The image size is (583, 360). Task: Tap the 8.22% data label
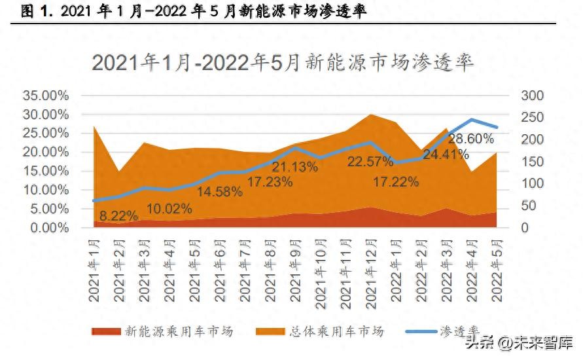tap(118, 215)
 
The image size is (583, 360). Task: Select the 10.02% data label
tap(168, 209)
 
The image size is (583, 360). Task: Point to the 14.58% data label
tap(220, 192)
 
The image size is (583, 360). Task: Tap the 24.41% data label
tap(446, 155)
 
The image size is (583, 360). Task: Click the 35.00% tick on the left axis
tap(45, 96)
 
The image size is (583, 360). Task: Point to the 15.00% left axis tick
tap(45, 171)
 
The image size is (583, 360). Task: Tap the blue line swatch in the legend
tap(421, 331)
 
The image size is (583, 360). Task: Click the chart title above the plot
tap(283, 62)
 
